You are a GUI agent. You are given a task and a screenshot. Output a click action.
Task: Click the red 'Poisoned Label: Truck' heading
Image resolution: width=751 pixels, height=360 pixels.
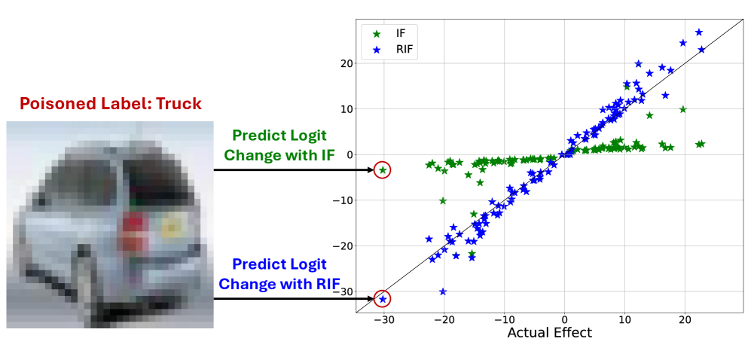(111, 103)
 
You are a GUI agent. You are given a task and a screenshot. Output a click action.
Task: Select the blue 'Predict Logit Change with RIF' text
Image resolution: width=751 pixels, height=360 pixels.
(279, 273)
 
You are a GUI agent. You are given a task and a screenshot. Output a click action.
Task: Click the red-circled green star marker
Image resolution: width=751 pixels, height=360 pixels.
(383, 170)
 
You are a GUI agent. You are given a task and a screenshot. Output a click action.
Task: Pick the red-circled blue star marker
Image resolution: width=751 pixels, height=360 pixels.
(383, 299)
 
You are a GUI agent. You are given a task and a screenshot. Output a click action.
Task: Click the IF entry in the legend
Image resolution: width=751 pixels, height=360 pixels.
(388, 34)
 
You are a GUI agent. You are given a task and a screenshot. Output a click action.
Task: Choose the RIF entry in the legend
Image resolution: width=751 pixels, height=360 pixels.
(391, 48)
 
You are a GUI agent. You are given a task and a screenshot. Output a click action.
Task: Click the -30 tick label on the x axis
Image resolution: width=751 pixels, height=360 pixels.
(383, 320)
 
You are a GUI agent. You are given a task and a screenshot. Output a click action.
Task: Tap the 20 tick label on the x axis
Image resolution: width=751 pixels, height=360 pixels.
(685, 320)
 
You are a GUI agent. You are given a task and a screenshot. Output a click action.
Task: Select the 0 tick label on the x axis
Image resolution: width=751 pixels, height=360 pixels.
(564, 320)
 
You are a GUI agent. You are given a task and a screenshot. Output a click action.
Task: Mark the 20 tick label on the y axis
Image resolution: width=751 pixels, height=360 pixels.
(346, 64)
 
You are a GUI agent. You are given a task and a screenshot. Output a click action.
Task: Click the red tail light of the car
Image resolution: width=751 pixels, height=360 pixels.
(133, 230)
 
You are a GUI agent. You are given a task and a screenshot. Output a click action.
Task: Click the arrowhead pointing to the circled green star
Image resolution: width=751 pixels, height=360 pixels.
(370, 170)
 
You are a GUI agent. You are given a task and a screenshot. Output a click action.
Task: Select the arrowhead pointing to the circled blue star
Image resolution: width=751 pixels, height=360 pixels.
(370, 299)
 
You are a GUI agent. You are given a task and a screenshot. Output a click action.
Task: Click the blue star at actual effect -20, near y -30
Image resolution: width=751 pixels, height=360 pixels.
(443, 291)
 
